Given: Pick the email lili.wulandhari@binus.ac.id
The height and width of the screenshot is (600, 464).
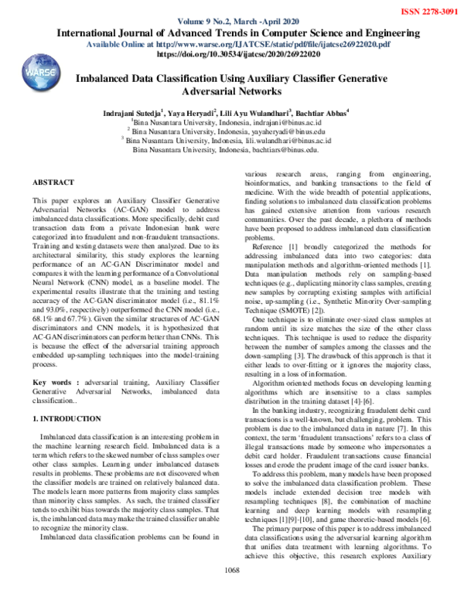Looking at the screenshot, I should pyautogui.click(x=282, y=141).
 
